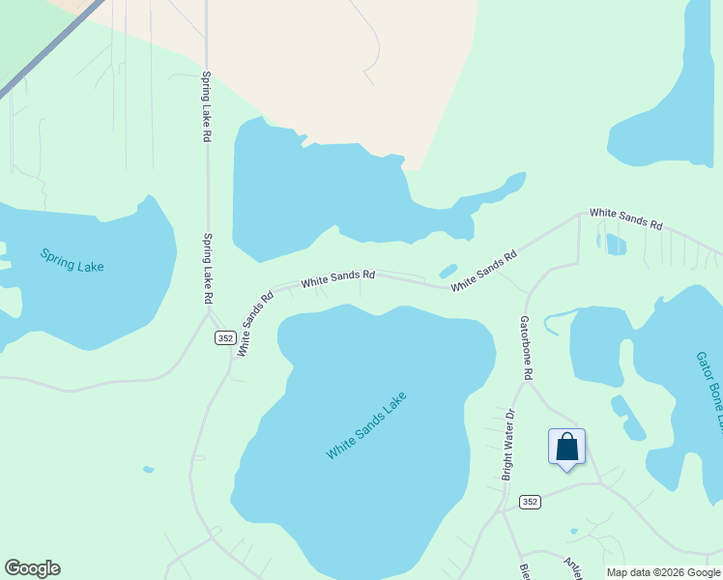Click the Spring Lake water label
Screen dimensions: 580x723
coord(72,260)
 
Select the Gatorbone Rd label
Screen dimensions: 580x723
coord(527,346)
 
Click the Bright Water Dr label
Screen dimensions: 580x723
coord(508,446)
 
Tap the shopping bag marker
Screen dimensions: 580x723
coord(567,448)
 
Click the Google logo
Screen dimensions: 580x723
coord(32,568)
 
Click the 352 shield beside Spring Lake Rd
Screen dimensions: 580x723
coord(225,337)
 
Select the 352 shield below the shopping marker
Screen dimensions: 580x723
coord(529,502)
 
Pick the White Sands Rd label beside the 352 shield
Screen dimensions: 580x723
coord(250,322)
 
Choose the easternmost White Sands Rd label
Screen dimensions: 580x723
coord(625,218)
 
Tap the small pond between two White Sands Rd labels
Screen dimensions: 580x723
coord(448,272)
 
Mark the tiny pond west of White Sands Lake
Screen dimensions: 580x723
coord(147,470)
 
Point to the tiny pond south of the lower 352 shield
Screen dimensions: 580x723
coord(574,531)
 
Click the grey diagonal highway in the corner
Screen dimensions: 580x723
coord(48,48)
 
